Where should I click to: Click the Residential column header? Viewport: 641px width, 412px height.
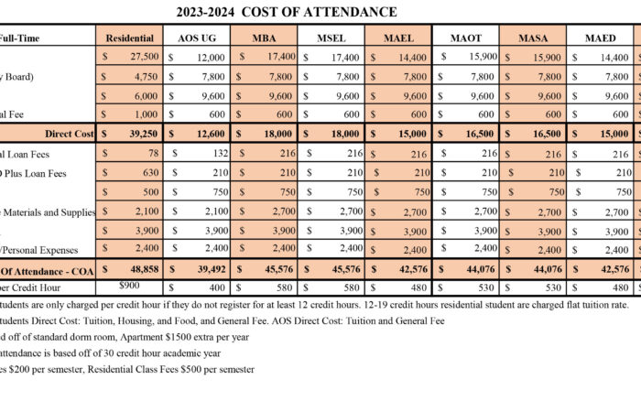[129, 38]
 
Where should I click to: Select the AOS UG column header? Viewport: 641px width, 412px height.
[195, 38]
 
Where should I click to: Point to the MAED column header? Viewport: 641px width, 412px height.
[602, 38]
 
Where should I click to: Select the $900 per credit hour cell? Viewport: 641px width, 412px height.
[129, 286]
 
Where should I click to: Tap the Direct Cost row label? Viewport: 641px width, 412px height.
[69, 134]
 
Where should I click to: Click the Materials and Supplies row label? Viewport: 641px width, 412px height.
[50, 211]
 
